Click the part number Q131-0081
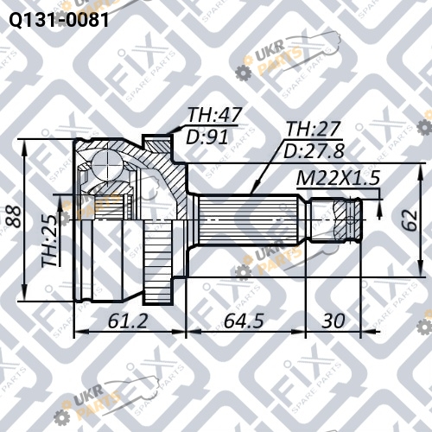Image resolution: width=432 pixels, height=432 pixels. point(59,20)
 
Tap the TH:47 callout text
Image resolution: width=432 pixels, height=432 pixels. point(214,115)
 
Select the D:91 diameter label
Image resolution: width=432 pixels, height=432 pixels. point(207,137)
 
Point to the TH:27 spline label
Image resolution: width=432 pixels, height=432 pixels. point(314,129)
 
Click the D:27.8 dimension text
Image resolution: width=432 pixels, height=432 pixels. point(314,151)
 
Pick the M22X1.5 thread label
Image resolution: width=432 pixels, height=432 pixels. point(338,178)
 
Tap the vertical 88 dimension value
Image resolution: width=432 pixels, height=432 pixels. point(13,217)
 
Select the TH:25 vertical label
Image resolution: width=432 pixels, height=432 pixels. point(49,241)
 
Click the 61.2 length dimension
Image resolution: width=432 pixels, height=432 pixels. point(128,321)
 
